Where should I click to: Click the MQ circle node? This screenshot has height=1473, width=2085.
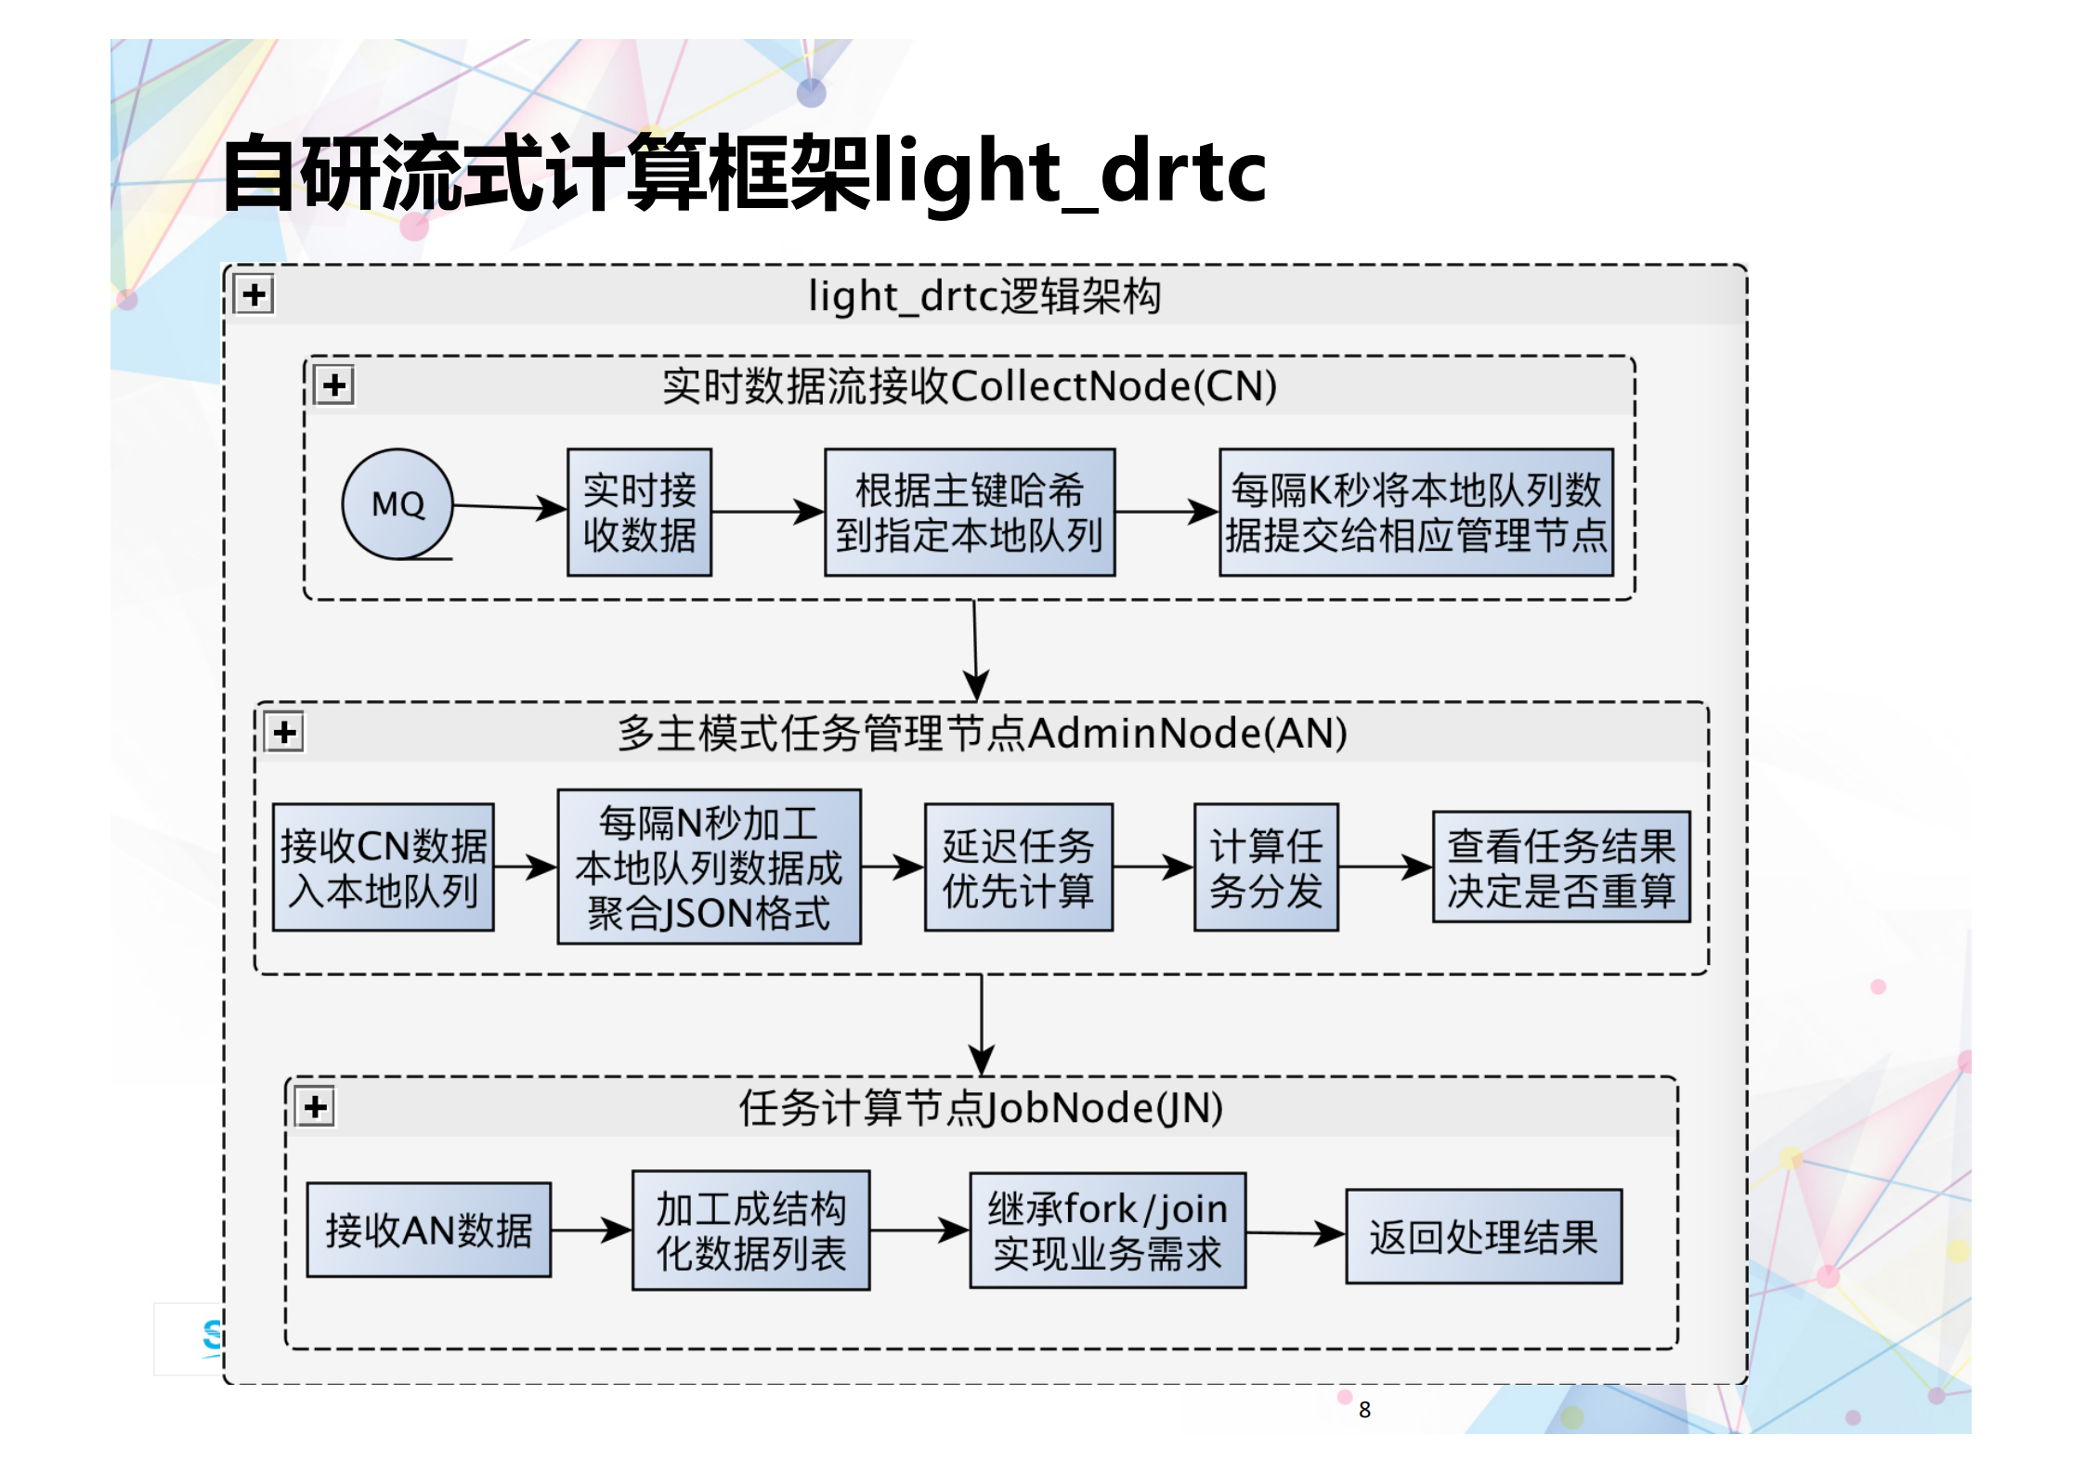pos(397,504)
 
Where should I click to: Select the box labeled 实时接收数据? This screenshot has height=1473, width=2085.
pos(639,513)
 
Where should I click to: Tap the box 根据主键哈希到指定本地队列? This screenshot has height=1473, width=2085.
pos(969,513)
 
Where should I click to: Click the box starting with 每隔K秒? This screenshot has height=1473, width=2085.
pos(1415,513)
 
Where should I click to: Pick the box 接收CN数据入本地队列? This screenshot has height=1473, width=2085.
pos(383,867)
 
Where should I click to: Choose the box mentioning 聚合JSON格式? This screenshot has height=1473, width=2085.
pos(709,867)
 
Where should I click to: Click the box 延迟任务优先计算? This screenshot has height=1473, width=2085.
pos(1018,867)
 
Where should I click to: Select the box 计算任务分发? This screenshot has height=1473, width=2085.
pos(1265,867)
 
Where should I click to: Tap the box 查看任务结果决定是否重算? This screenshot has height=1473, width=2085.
pos(1560,867)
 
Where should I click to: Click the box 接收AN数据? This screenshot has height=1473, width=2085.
pos(428,1230)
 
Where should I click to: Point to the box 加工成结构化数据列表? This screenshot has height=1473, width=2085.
pos(750,1230)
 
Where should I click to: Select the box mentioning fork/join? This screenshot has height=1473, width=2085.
pos(1107,1230)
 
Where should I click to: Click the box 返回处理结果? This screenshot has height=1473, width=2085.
pos(1483,1236)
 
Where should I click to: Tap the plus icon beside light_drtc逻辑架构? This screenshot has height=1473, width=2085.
pos(254,295)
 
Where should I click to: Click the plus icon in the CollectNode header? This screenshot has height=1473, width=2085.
pos(334,385)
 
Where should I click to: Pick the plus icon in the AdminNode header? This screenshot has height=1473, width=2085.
pos(284,732)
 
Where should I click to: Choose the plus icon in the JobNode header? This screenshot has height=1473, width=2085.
pos(315,1106)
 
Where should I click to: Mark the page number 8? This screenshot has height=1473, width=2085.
pos(1363,1409)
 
